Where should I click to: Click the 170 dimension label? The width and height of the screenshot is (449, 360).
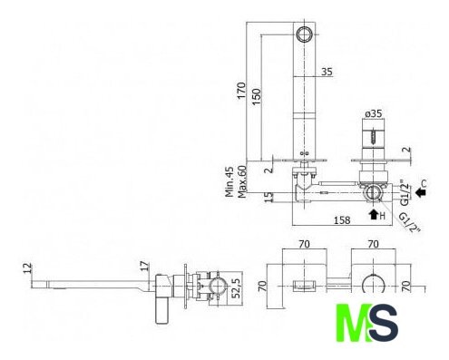point(241,90)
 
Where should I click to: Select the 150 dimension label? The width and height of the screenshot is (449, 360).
point(257,96)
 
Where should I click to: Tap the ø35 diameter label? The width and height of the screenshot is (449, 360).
point(374,113)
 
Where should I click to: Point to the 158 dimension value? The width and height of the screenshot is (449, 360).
point(342,220)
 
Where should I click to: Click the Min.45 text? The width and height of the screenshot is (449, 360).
point(229,181)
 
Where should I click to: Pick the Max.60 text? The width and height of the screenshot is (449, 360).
point(242,181)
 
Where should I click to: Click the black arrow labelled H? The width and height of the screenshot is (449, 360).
point(374,214)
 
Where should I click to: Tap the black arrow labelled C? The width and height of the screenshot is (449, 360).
point(420,192)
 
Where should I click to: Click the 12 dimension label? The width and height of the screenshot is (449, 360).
point(27,268)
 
